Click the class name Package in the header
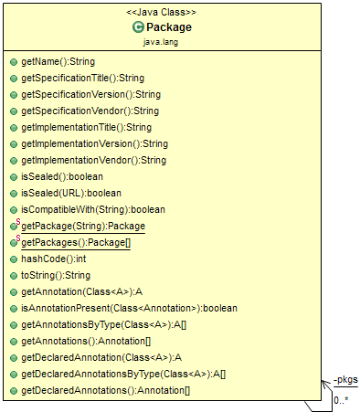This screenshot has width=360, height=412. [x=169, y=27]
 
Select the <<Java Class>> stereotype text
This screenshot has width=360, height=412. [x=161, y=13]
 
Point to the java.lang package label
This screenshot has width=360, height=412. [x=161, y=42]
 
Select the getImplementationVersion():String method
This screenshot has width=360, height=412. [x=94, y=143]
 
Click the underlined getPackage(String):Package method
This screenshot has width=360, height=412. [x=83, y=226]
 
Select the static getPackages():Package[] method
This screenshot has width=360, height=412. [x=76, y=242]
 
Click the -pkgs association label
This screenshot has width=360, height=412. [x=344, y=379]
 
